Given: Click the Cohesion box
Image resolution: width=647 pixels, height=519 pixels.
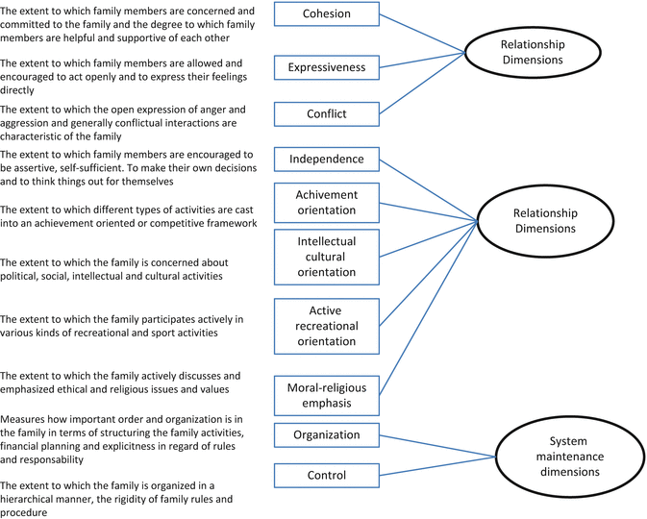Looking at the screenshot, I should tap(328, 14).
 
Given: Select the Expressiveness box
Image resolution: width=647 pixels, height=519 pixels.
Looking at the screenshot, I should tap(328, 67).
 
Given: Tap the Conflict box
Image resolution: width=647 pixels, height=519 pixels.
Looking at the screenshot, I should tap(328, 114).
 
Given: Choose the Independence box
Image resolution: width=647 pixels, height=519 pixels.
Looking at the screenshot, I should tap(328, 159).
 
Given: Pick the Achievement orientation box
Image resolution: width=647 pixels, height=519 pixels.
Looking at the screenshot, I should tap(327, 202).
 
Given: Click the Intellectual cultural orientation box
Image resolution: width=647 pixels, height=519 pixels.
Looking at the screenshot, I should tap(327, 257).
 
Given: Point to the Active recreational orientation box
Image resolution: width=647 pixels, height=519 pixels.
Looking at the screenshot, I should tap(327, 326).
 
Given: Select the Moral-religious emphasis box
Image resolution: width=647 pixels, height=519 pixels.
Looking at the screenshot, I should tap(327, 395).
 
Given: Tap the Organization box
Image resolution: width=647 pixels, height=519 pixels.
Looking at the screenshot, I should tap(327, 434).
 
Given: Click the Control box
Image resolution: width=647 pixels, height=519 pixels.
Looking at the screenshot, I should tap(327, 475).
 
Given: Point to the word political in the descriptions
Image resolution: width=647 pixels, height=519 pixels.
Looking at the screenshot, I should tap(23, 276).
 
